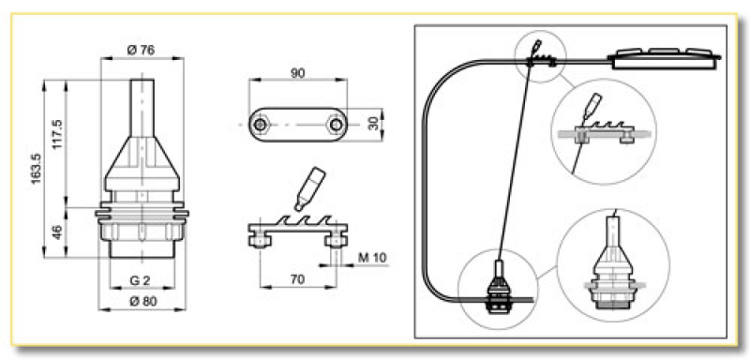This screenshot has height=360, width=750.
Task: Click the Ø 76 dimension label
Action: click(141, 50)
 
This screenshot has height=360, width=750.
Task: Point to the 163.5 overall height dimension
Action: click(36, 169)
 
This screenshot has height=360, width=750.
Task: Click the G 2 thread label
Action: click(141, 280)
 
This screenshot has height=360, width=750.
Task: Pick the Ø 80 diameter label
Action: click(141, 302)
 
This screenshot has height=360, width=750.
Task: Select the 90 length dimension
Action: click(298, 71)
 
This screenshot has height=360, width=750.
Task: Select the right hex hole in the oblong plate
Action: click(333, 124)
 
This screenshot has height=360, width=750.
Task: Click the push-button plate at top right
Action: click(667, 56)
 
